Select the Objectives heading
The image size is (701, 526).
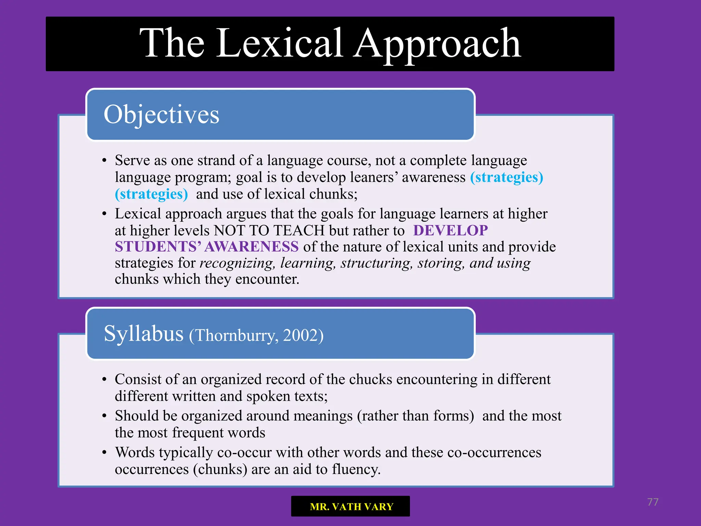[161, 115]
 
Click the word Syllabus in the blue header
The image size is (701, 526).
[143, 334]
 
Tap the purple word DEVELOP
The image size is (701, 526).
[450, 230]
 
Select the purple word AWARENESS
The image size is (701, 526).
[252, 247]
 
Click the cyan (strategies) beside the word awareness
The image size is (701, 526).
[506, 177]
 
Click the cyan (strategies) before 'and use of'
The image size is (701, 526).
[151, 194]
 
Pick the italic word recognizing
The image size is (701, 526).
[237, 263]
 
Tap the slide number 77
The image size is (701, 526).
[652, 502]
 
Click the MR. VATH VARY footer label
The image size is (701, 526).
[351, 506]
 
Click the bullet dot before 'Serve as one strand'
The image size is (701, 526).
[104, 161]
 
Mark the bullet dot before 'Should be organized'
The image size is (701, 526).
[104, 416]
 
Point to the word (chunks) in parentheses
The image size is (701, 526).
[220, 469]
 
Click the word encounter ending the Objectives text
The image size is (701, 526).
[267, 279]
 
